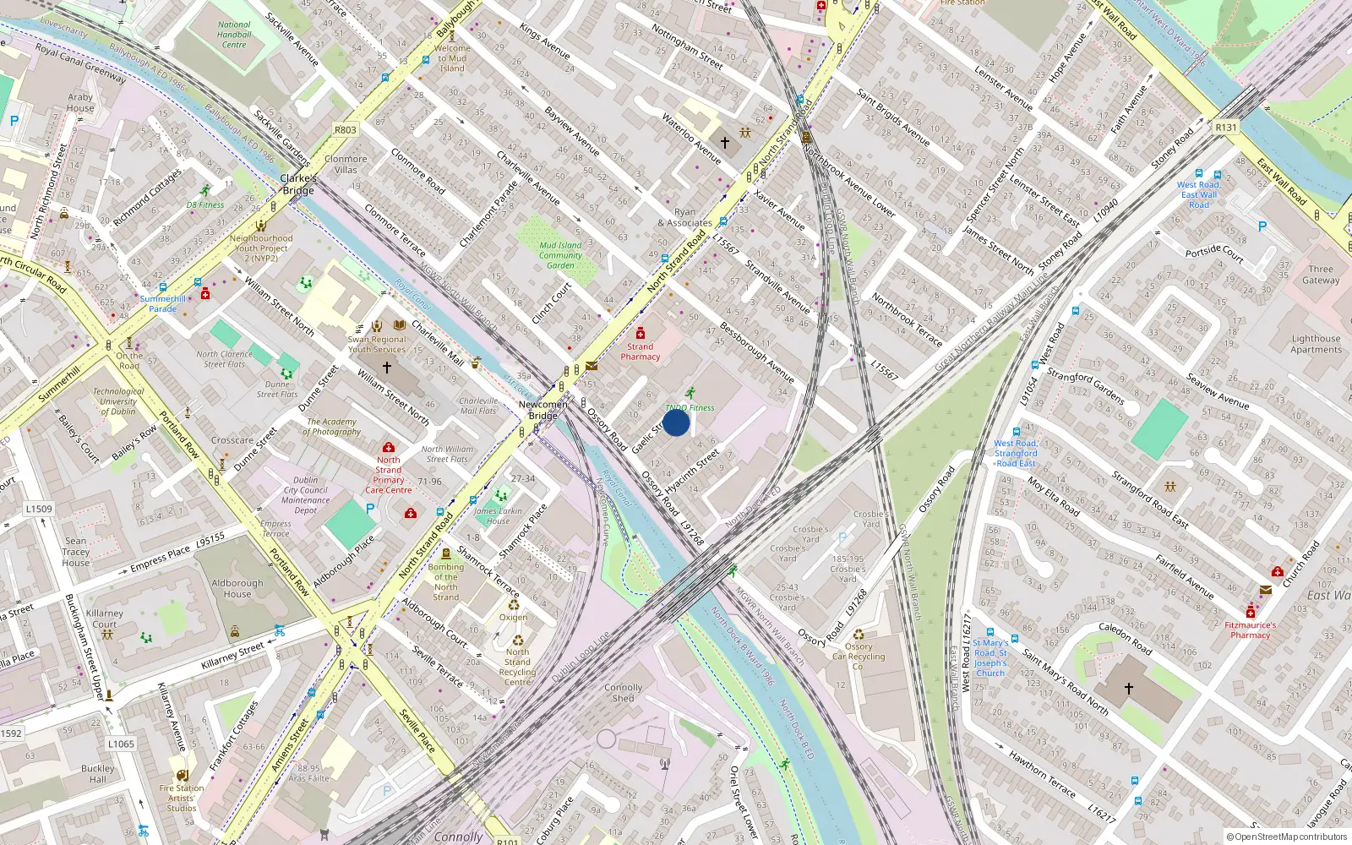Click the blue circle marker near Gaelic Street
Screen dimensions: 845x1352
coord(676,422)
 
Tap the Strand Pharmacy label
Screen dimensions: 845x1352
coord(640,352)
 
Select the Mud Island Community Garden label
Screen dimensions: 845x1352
coord(560,255)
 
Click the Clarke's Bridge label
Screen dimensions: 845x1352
coord(298,184)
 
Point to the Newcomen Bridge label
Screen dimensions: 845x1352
coord(542,410)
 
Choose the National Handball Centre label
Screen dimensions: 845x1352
coord(234,35)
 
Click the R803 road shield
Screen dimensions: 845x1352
coord(345,130)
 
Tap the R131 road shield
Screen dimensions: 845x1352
coord(1225,128)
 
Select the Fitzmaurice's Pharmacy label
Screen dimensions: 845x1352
coord(1250,630)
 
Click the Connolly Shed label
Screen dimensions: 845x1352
coord(623,693)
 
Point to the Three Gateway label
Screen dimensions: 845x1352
coord(1320,275)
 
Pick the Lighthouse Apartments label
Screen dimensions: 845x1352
coord(1316,344)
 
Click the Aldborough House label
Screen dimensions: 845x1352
coord(237,588)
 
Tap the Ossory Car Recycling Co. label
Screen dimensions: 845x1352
coord(859,657)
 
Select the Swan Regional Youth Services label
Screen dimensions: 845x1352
coord(377,344)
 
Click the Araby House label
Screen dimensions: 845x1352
coord(80,102)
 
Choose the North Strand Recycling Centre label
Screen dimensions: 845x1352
coord(517,667)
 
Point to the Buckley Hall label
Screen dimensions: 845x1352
coord(98,774)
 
